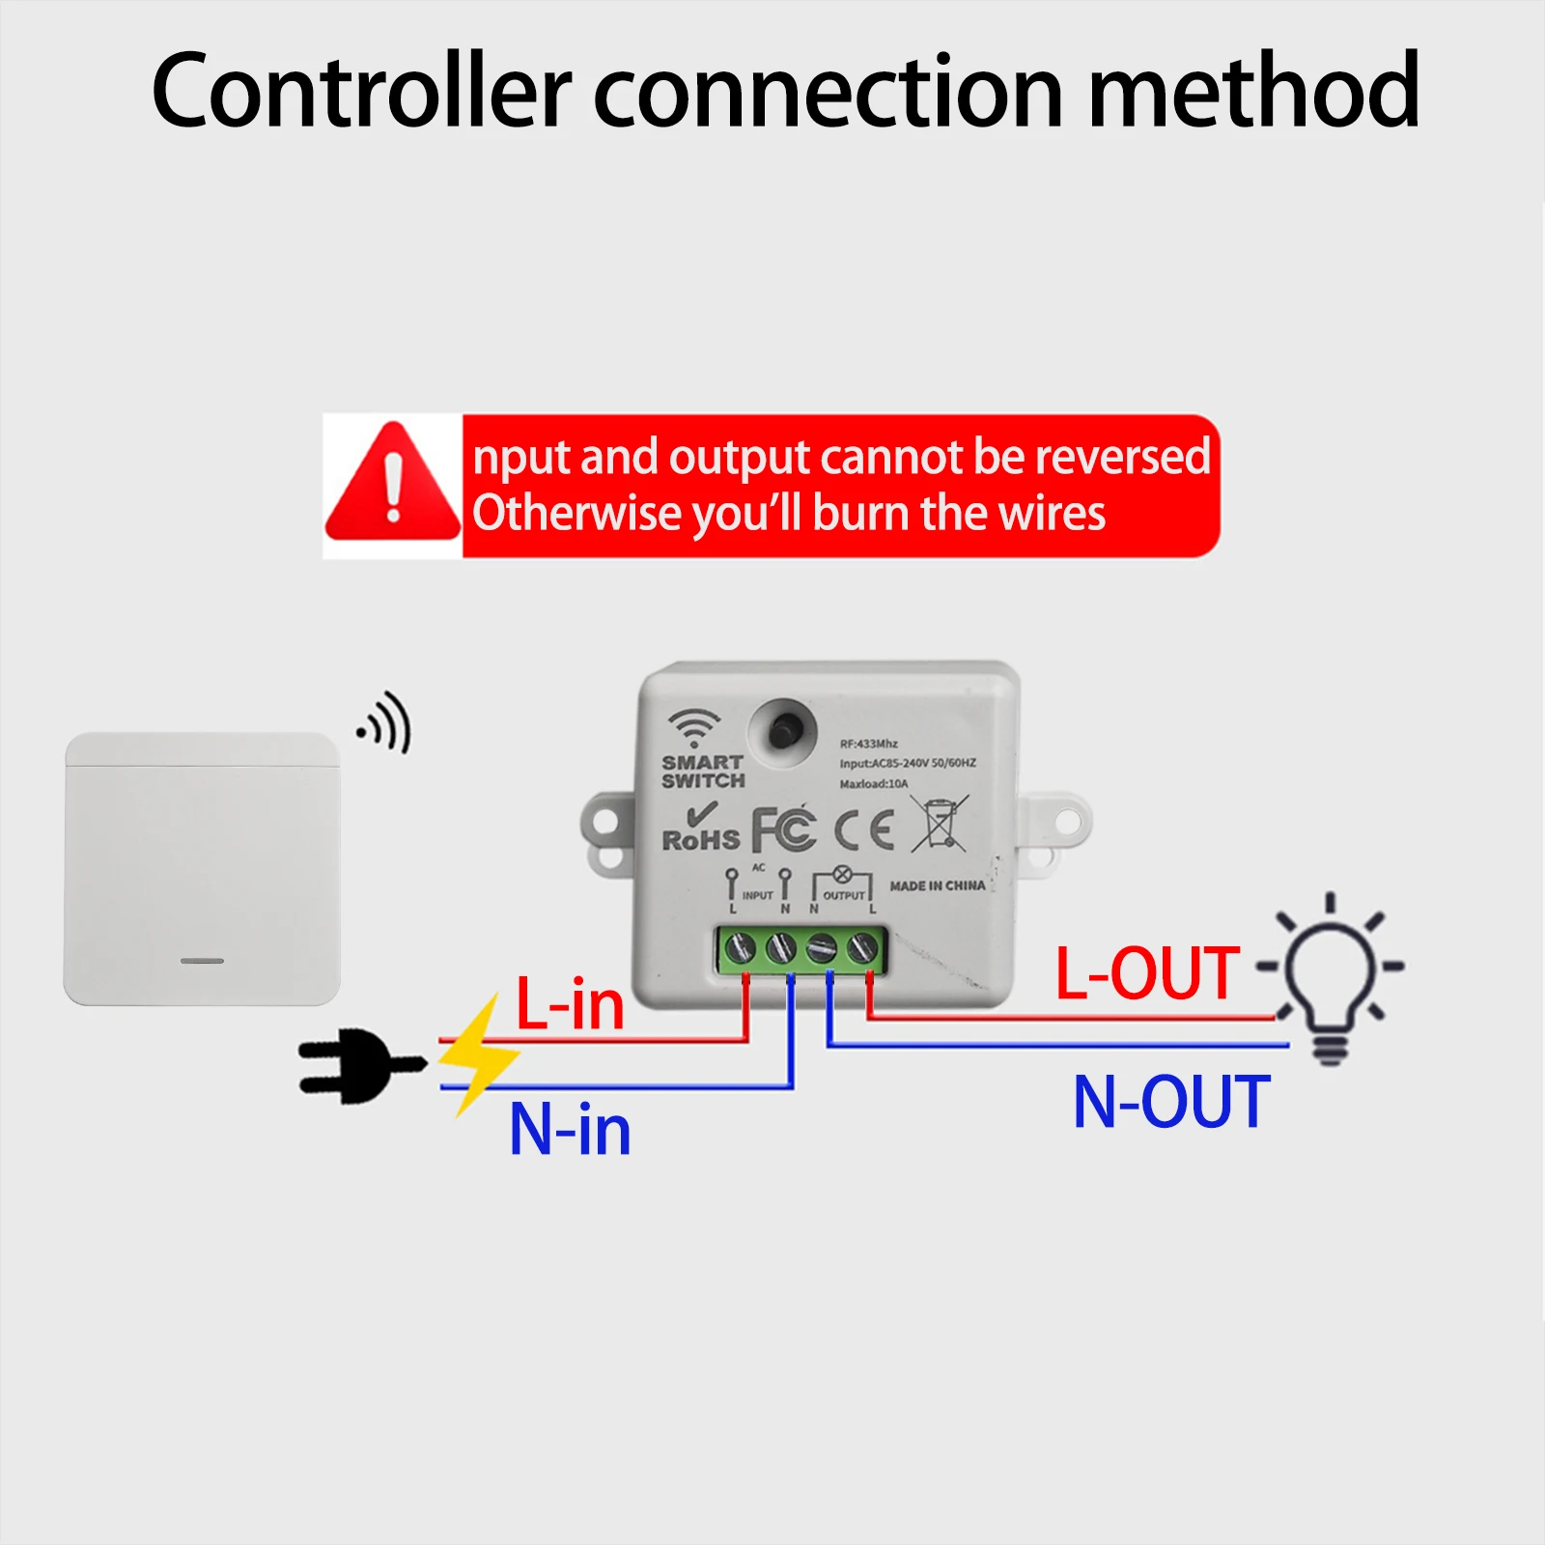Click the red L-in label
(x=570, y=1005)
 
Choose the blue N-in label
(x=570, y=1130)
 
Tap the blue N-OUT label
(x=1171, y=1102)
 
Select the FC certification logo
(x=783, y=829)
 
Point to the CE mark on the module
(x=864, y=829)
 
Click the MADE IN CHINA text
(x=937, y=885)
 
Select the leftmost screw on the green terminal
(x=740, y=949)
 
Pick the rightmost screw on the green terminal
(x=862, y=949)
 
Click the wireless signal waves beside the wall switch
(x=386, y=723)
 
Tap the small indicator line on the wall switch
(x=203, y=961)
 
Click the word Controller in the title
(x=361, y=92)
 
